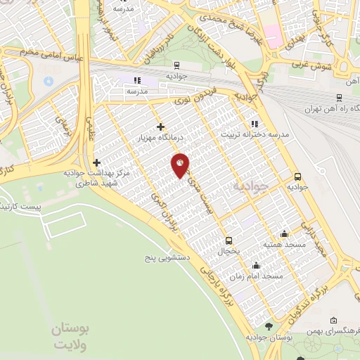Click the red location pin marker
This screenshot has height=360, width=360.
pos(180,165)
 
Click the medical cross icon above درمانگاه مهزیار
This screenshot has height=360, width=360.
pos(161,127)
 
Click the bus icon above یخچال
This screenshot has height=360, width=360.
pos(228,240)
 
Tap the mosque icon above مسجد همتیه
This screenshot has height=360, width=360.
pos(284,233)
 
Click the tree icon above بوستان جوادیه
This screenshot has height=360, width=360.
pos(269,326)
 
